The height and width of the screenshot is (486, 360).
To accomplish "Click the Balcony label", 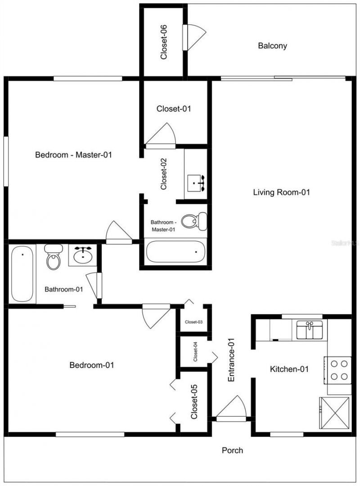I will pos(272,45).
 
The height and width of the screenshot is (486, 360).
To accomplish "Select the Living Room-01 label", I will pos(282,192).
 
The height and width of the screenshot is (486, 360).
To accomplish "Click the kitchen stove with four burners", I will pos(337,370).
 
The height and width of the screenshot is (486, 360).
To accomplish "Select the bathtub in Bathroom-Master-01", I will pos(176,253).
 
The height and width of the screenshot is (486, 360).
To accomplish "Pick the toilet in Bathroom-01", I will pos(53,259).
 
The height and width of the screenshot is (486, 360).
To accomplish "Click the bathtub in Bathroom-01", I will pos(22,274).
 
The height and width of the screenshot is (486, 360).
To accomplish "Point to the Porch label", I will pos(233,450).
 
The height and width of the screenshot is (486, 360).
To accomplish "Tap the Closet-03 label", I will pos(193,321).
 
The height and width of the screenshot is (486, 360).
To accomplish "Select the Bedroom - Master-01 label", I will pos(73,155).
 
